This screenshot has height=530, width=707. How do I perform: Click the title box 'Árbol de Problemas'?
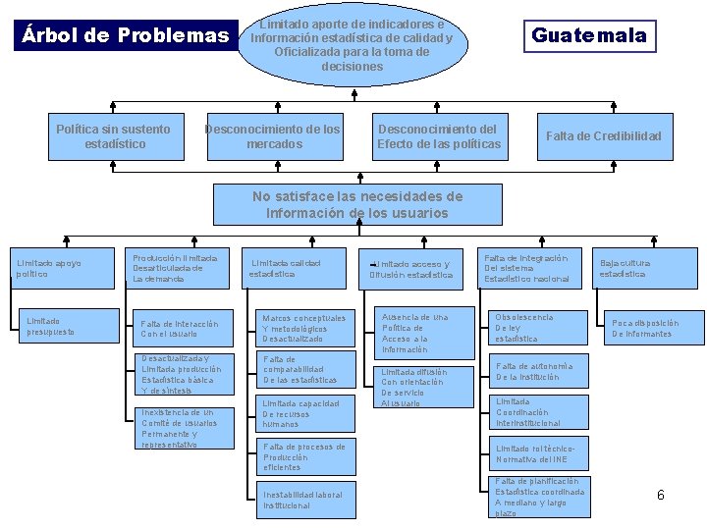coord(124,36)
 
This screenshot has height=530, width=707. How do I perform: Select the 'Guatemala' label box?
coord(588,36)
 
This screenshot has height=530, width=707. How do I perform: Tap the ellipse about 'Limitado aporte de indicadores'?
coord(351,45)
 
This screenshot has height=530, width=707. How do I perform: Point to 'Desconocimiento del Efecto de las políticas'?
coord(438,136)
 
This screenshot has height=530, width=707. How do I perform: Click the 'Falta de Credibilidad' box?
coord(603,136)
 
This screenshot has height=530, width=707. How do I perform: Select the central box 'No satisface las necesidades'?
coord(356,205)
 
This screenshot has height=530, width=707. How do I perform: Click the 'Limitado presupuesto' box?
coord(62,327)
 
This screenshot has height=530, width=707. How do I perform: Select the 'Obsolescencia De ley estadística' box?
coord(538,329)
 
